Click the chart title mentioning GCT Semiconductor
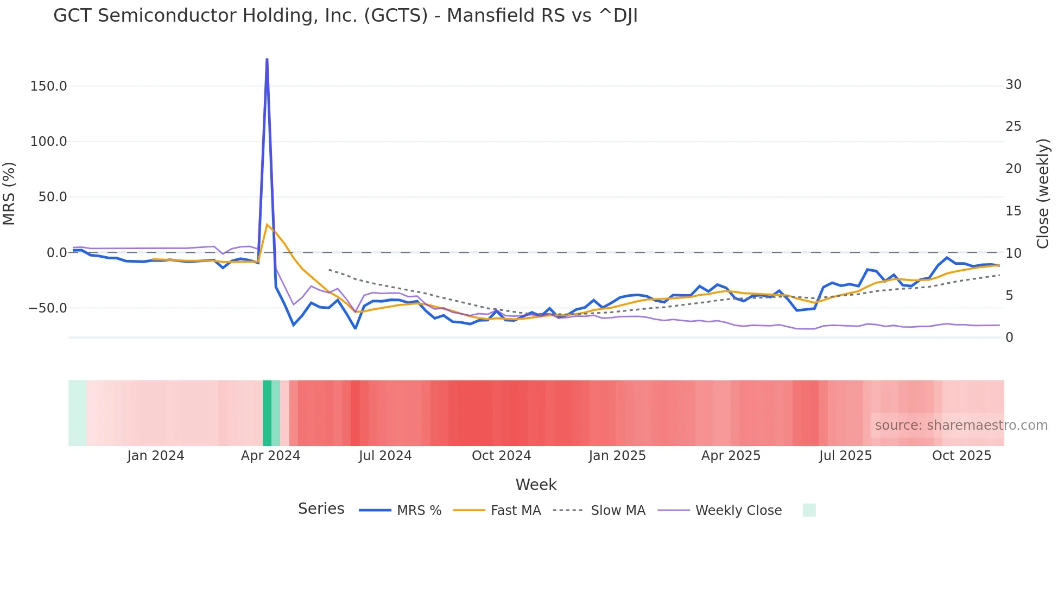click(x=345, y=16)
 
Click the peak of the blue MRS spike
click(x=267, y=59)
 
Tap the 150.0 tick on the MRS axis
click(x=49, y=86)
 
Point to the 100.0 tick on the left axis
click(x=49, y=142)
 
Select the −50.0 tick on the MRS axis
click(x=48, y=308)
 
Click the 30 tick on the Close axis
click(x=1013, y=85)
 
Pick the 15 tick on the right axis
click(x=1013, y=211)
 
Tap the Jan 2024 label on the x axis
click(x=156, y=456)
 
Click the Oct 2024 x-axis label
click(x=501, y=456)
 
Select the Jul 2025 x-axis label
click(x=845, y=456)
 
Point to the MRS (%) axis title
click(x=9, y=193)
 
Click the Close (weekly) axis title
click(x=1043, y=193)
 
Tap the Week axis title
click(x=536, y=485)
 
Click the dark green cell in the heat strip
click(x=267, y=413)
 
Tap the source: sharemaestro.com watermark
click(x=961, y=425)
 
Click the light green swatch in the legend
click(x=809, y=510)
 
